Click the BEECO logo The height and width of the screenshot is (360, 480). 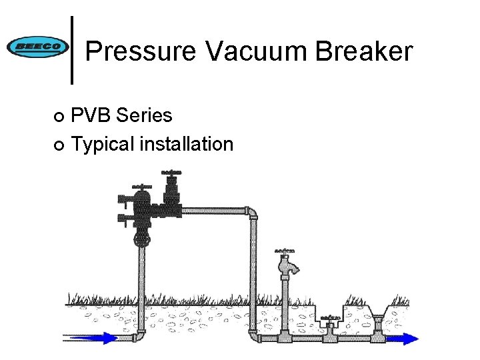click(x=37, y=47)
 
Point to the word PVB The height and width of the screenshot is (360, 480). click(x=91, y=115)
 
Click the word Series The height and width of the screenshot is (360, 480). click(x=144, y=115)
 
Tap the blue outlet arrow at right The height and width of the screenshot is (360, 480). click(x=403, y=339)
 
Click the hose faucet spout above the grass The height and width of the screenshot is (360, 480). click(x=291, y=266)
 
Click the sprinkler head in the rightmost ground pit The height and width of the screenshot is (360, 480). click(x=378, y=325)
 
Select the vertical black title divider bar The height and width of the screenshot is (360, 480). click(x=72, y=50)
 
